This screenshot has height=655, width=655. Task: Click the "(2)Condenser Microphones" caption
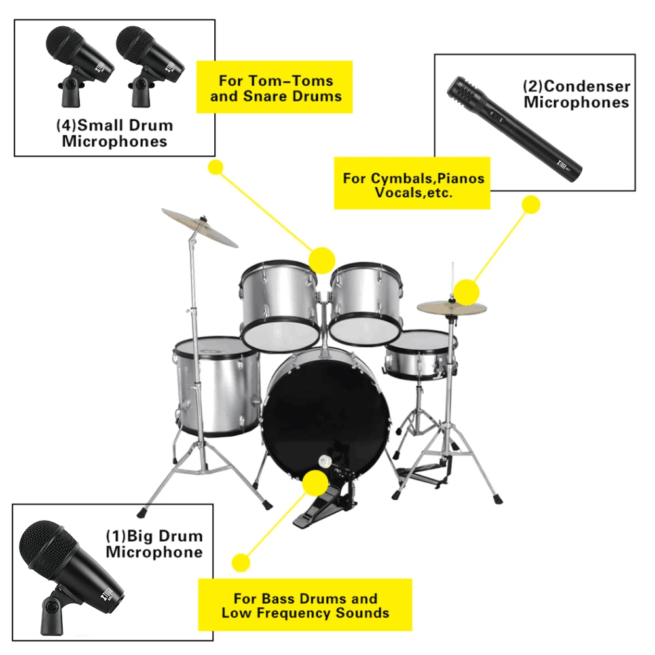pyautogui.click(x=576, y=94)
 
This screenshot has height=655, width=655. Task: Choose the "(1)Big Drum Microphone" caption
pyautogui.click(x=154, y=544)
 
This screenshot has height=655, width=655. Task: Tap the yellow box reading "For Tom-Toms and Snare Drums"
pyautogui.click(x=275, y=88)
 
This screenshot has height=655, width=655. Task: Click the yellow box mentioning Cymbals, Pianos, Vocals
pyautogui.click(x=413, y=185)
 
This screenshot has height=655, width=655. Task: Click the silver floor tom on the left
pyautogui.click(x=216, y=386)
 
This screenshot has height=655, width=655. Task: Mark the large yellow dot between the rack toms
pyautogui.click(x=322, y=260)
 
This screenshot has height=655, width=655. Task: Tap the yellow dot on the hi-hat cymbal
pyautogui.click(x=466, y=291)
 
